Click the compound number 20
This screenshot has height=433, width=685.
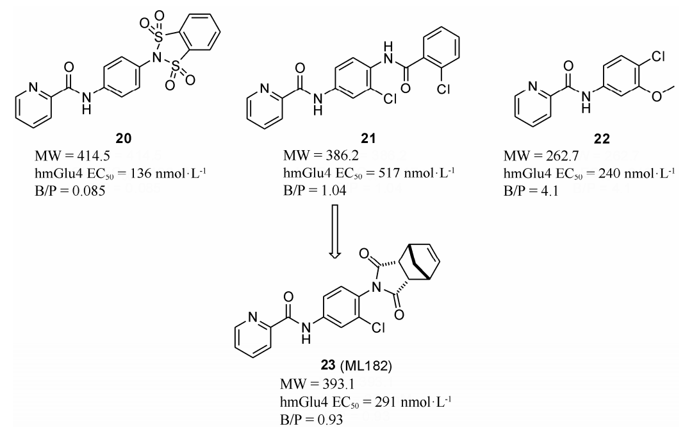pyautogui.click(x=123, y=139)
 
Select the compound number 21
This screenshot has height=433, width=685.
pyautogui.click(x=368, y=139)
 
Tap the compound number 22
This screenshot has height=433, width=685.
pyautogui.click(x=602, y=139)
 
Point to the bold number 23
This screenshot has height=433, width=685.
pyautogui.click(x=327, y=365)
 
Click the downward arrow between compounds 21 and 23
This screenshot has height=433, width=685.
pyautogui.click(x=334, y=232)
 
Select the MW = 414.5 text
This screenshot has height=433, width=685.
pyautogui.click(x=72, y=156)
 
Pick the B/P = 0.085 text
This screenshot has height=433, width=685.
pyautogui.click(x=70, y=191)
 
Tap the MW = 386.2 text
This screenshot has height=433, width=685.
pyautogui.click(x=320, y=156)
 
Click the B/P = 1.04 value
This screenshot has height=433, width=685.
pyautogui.click(x=315, y=191)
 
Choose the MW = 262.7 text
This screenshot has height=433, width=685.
pyautogui.click(x=541, y=156)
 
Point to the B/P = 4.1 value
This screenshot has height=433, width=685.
pyautogui.click(x=531, y=191)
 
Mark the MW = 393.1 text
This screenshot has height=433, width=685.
pyautogui.click(x=317, y=384)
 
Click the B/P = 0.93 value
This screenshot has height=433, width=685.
pyautogui.click(x=311, y=420)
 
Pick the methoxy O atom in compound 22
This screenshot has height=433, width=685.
pyautogui.click(x=656, y=96)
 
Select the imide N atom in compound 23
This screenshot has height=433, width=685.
pyautogui.click(x=374, y=287)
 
